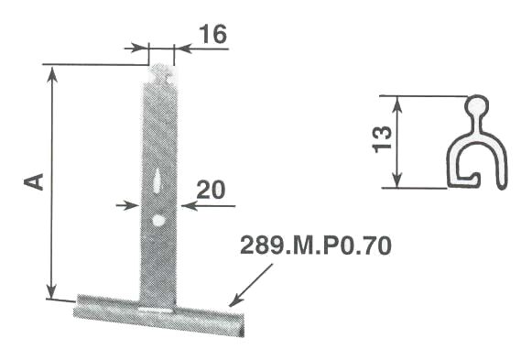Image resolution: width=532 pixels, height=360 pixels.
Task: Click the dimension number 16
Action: pyautogui.click(x=212, y=34)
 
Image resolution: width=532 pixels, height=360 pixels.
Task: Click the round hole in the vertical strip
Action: pyautogui.click(x=158, y=221)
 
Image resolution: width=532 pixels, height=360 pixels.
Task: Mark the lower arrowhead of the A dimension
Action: pyautogui.click(x=53, y=292)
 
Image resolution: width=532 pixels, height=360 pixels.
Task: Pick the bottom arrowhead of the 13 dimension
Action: pyautogui.click(x=397, y=182)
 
